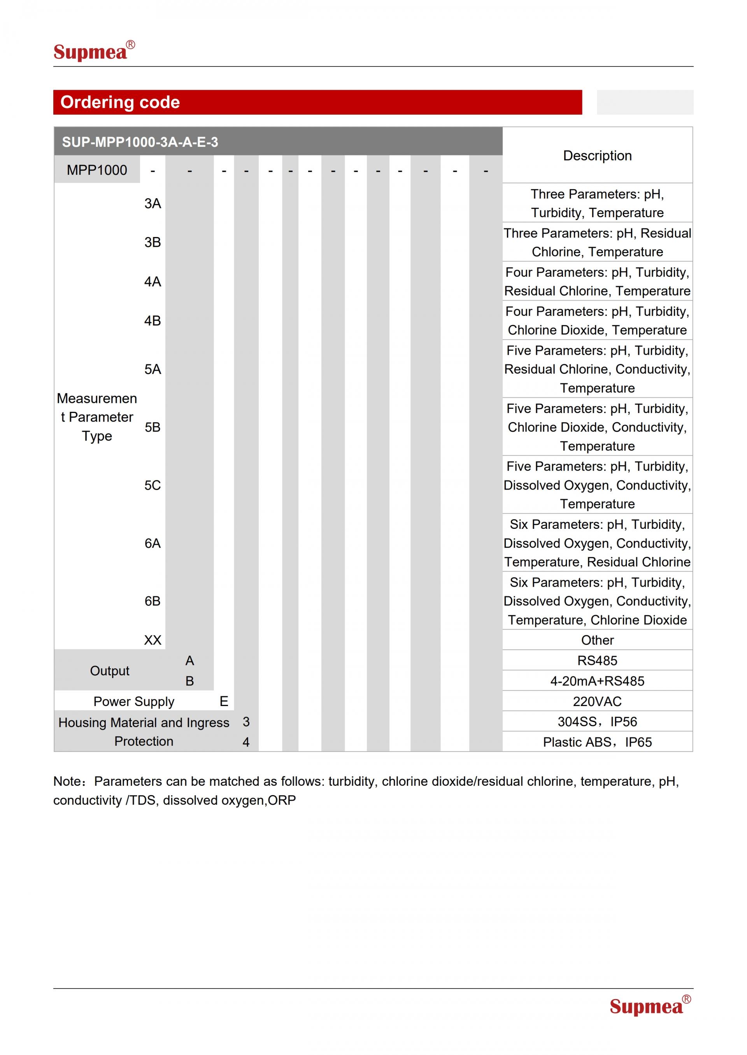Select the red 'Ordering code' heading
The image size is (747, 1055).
(120, 102)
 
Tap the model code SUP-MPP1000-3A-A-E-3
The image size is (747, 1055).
(140, 142)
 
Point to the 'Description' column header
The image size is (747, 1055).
(597, 156)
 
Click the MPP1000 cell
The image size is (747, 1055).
(96, 170)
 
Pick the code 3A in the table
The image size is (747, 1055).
(152, 204)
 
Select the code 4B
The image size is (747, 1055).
(152, 321)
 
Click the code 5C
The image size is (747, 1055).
(152, 485)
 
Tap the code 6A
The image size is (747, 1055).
(152, 543)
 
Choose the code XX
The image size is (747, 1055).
(152, 640)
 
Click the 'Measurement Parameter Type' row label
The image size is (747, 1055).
(96, 417)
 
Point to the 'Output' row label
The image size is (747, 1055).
(109, 671)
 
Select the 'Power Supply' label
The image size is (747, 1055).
(134, 702)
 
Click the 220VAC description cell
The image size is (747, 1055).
(597, 702)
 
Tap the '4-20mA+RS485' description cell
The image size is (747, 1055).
(597, 681)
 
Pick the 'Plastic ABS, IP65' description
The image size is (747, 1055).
(597, 742)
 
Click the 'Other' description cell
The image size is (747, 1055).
(597, 640)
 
